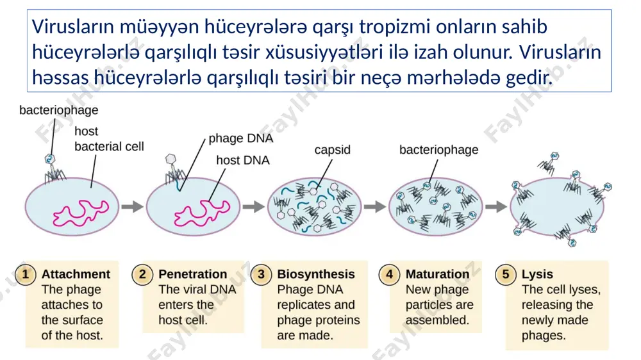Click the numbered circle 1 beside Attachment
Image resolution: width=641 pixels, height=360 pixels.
(26, 274)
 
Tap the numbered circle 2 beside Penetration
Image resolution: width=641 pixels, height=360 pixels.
(142, 274)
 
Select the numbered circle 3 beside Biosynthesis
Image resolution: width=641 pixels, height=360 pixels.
(262, 274)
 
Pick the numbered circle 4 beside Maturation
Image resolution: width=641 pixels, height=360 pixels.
(390, 274)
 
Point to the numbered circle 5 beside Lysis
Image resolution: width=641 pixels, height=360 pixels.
(506, 274)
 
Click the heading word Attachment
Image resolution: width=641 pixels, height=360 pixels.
(76, 274)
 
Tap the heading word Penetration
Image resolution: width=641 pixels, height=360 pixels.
(192, 274)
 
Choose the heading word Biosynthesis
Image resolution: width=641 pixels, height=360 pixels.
(316, 275)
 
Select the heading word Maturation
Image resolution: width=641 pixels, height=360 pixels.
(437, 274)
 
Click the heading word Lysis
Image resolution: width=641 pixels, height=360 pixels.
(537, 275)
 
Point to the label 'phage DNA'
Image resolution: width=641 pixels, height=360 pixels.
(241, 139)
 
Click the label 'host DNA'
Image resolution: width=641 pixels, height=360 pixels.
(243, 160)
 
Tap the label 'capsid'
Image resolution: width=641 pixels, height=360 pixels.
(332, 151)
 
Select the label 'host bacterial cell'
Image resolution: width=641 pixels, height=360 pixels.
(109, 139)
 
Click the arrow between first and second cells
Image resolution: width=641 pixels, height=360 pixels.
(133, 207)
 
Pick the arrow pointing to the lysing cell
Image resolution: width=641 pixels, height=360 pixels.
(496, 207)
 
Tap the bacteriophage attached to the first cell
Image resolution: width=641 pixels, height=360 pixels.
(53, 168)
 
